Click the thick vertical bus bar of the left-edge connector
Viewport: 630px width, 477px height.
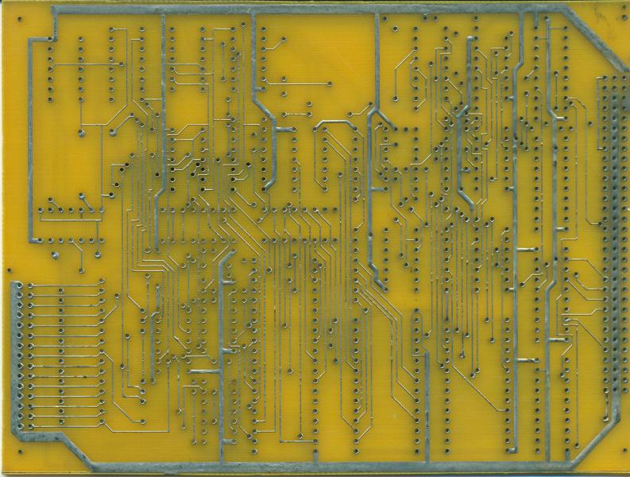[x=16, y=358]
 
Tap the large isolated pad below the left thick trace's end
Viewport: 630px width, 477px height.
[x=56, y=254]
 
